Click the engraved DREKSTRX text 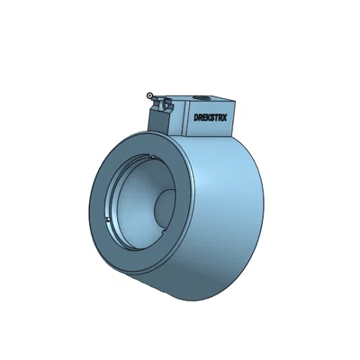tap(211, 116)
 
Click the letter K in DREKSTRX tap(208, 117)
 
